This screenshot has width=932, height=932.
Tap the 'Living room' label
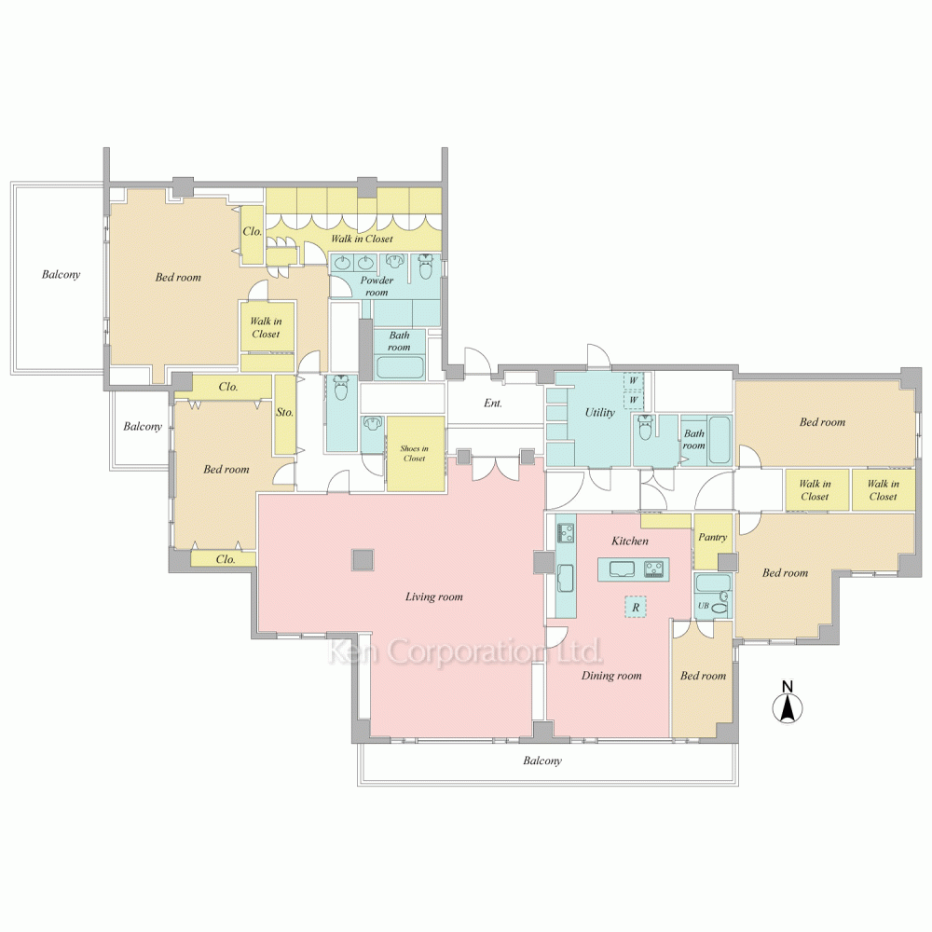point(433,596)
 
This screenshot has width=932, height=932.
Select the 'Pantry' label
point(712,538)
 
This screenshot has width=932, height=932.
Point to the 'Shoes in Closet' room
point(415,453)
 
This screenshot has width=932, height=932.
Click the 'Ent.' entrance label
point(493,404)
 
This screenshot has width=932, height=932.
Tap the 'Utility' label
point(599,412)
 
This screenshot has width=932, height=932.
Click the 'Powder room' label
point(377,286)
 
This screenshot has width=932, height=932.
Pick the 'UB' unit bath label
point(704,606)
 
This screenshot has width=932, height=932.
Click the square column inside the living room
point(363,559)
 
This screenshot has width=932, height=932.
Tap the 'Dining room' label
point(611,676)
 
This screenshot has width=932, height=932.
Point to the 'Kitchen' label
point(630,541)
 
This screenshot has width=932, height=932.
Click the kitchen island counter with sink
point(633,569)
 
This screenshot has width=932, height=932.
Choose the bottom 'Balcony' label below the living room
point(542,761)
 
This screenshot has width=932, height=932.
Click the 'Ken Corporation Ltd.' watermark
point(464,651)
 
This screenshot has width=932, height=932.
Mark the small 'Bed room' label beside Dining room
point(703,676)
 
